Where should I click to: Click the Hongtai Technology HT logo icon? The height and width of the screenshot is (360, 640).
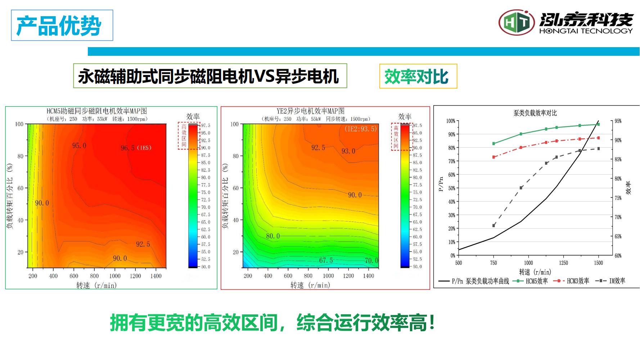click(x=516, y=22)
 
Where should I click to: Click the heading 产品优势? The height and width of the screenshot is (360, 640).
click(x=59, y=26)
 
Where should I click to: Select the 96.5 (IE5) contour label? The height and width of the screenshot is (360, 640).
click(x=136, y=148)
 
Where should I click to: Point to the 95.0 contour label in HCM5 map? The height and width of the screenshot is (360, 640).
click(x=79, y=146)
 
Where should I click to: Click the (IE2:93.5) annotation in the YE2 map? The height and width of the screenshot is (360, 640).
click(x=360, y=129)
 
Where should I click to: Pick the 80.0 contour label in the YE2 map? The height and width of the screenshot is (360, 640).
click(x=273, y=236)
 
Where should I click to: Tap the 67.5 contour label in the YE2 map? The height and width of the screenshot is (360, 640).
click(x=326, y=260)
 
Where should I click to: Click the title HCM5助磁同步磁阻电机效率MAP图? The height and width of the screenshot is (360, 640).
click(x=97, y=111)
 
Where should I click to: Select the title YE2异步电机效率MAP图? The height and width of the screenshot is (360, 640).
click(x=310, y=111)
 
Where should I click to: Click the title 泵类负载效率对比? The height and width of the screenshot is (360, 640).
click(x=535, y=113)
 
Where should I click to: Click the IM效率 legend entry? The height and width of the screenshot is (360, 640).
click(x=612, y=281)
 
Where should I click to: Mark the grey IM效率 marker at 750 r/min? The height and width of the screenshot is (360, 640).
click(x=493, y=225)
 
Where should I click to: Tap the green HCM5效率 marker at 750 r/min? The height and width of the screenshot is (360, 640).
click(x=493, y=143)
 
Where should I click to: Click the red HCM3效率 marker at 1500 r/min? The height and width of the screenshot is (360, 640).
click(x=598, y=138)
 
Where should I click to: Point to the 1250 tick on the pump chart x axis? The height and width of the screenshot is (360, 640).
click(x=563, y=263)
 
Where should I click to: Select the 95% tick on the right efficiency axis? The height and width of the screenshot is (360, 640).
click(x=618, y=121)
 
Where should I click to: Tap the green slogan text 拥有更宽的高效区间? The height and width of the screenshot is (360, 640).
click(x=194, y=323)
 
